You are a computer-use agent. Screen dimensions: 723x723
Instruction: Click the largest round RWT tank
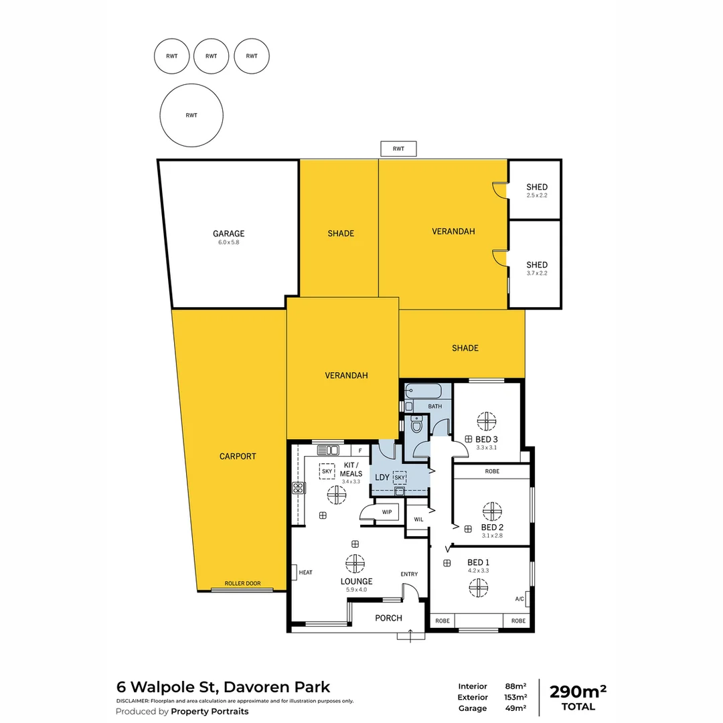[191, 115]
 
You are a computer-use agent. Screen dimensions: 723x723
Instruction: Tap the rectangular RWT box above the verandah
[398, 149]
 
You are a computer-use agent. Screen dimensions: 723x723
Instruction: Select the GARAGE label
[228, 234]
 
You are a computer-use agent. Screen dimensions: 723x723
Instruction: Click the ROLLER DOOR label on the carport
[242, 583]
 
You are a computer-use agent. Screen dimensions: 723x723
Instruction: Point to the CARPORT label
[238, 457]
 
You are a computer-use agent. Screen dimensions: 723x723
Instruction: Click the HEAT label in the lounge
[306, 572]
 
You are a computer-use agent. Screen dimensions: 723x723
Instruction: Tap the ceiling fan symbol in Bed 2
[492, 511]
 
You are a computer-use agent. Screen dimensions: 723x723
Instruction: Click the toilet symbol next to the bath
[416, 424]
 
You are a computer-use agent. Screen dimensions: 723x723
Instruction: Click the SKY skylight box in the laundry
[400, 477]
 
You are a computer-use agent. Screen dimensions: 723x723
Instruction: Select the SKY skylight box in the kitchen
[327, 471]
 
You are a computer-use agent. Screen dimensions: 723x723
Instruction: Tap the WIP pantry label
[386, 512]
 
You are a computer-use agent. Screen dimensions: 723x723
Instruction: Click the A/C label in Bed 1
[519, 599]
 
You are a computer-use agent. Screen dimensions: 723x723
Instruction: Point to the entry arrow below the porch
[410, 633]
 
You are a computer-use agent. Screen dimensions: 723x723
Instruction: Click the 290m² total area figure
[578, 692]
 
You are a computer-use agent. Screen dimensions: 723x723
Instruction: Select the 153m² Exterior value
[515, 697]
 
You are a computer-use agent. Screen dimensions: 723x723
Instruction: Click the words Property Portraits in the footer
[210, 712]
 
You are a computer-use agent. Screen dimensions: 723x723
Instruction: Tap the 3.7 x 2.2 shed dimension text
[536, 273]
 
